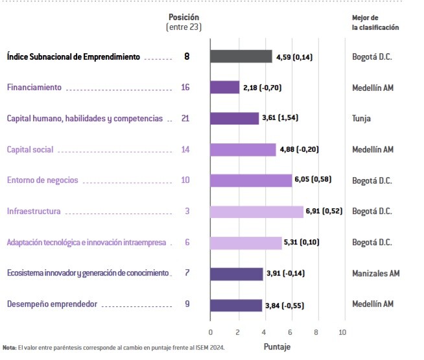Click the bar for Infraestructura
(257, 211)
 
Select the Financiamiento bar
(225, 88)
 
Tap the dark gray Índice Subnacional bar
(241, 56)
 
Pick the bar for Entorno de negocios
(251, 180)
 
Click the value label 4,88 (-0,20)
(299, 149)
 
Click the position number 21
(185, 119)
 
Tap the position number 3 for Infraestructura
(187, 211)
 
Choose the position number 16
(185, 88)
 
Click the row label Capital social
(30, 150)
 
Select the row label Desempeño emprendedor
(53, 304)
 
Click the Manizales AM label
(376, 273)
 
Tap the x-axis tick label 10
(343, 332)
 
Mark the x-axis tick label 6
(290, 332)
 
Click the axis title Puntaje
(277, 347)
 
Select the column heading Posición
(183, 17)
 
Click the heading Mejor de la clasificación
(375, 22)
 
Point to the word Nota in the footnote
(9, 348)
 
